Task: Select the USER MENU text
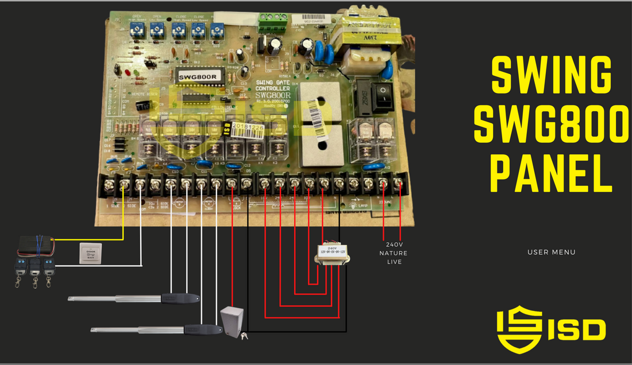click(x=552, y=253)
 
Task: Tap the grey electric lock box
click(x=232, y=322)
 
